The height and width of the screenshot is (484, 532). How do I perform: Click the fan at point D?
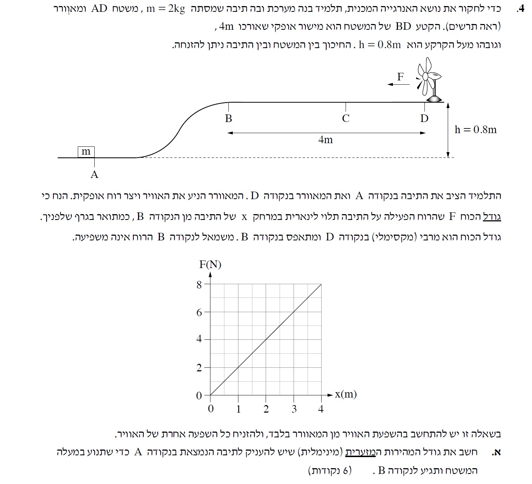tap(429, 82)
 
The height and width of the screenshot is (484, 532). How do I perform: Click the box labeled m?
tap(86, 152)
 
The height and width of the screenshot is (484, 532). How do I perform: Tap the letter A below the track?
tap(94, 175)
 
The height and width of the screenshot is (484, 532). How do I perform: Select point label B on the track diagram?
tap(228, 118)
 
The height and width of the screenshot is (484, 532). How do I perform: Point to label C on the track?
tap(346, 118)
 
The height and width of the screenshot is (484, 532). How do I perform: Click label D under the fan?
tap(424, 118)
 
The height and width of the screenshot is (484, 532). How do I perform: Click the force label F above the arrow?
tap(400, 76)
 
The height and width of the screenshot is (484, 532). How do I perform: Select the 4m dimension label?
tap(326, 140)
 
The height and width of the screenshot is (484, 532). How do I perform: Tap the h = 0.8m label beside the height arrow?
tap(475, 130)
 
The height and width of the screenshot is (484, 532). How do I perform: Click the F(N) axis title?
tap(210, 264)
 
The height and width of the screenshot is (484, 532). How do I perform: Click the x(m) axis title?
tap(346, 394)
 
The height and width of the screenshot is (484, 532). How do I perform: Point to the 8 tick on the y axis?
tap(199, 285)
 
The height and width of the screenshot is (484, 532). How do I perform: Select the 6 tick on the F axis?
tap(199, 313)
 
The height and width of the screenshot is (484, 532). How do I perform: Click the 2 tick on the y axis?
tap(199, 368)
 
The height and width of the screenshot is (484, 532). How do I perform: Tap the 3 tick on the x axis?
tap(294, 409)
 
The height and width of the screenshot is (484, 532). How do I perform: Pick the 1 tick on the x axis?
tap(238, 409)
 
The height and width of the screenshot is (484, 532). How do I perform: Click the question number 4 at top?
tap(520, 9)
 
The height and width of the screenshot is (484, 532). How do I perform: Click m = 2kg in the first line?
tap(166, 9)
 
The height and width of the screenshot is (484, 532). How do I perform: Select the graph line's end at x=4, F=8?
tap(321, 285)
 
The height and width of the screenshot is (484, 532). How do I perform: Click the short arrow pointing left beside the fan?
tap(398, 85)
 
